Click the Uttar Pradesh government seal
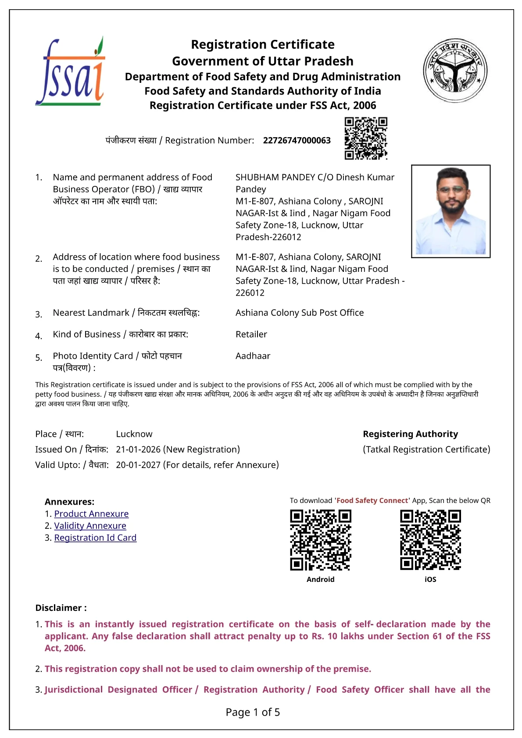tap(455, 70)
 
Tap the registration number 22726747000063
tap(297, 140)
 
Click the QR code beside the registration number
tap(366, 138)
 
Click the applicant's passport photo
tap(450, 211)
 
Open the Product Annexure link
tap(91, 513)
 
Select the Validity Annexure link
tap(90, 525)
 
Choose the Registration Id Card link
tap(95, 538)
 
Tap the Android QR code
tap(321, 540)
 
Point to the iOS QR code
tap(430, 540)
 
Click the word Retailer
tap(251, 334)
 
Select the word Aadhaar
tap(253, 356)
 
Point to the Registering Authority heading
tap(410, 434)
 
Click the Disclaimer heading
tap(61, 608)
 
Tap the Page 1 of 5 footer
tap(253, 712)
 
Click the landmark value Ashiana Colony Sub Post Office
tap(300, 313)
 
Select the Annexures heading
tap(69, 502)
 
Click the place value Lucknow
tap(134, 434)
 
